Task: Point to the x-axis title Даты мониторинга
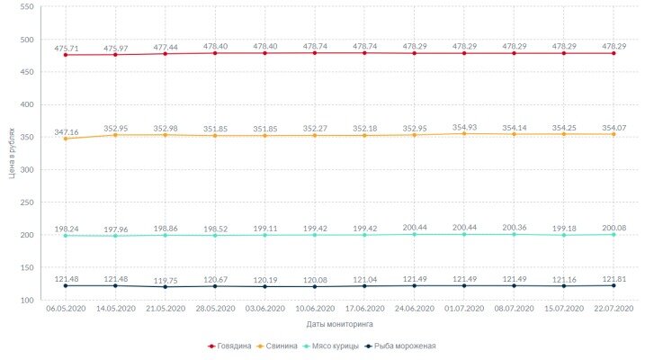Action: click(x=339, y=323)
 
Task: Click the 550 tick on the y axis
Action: click(x=26, y=7)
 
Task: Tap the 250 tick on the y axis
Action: click(x=26, y=202)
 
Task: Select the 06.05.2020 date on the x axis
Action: click(x=65, y=309)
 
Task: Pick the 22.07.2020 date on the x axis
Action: click(x=614, y=309)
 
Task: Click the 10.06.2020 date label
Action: click(x=314, y=309)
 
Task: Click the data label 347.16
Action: click(x=66, y=132)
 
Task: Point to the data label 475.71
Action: click(x=66, y=48)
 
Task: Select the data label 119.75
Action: click(x=165, y=280)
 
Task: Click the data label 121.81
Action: click(x=614, y=279)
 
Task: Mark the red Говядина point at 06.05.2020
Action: click(x=66, y=55)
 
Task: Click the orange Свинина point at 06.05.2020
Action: click(x=66, y=139)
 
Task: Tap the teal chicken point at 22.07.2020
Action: click(x=614, y=234)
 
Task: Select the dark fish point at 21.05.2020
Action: click(x=165, y=287)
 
